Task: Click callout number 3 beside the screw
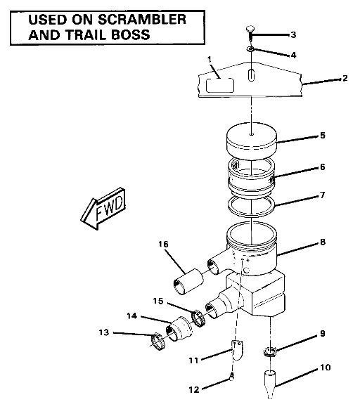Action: click(293, 34)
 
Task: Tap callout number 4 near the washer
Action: click(293, 54)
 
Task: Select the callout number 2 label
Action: click(345, 79)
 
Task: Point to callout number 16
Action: click(163, 245)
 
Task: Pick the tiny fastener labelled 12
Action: click(231, 379)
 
